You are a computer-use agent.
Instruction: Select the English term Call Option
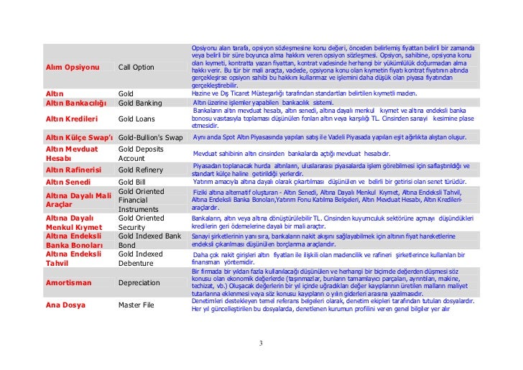[136, 67]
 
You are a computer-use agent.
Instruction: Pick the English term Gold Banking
[139, 103]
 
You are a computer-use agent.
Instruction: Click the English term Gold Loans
[136, 119]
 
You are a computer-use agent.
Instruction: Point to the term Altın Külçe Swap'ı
[79, 137]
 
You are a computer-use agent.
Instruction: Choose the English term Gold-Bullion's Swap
[150, 137]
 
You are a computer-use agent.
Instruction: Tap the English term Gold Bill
[132, 182]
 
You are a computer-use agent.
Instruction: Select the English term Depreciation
[139, 283]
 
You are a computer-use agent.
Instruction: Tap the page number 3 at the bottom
[261, 342]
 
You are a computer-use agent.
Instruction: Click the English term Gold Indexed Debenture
[142, 259]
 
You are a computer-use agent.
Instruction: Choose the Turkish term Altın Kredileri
[72, 119]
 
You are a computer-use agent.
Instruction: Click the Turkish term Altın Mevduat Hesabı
[70, 153]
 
